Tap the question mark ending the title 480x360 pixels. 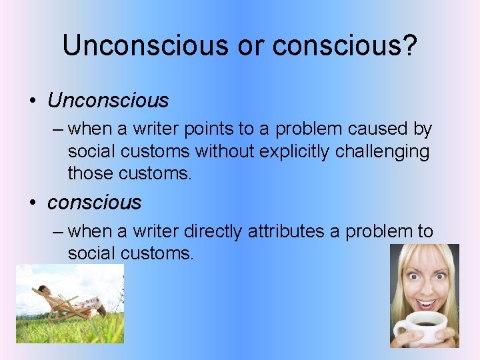[x=408, y=45]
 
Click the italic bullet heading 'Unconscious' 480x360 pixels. [x=108, y=101]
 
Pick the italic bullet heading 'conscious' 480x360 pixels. [x=94, y=202]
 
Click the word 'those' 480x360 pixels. [x=91, y=174]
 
